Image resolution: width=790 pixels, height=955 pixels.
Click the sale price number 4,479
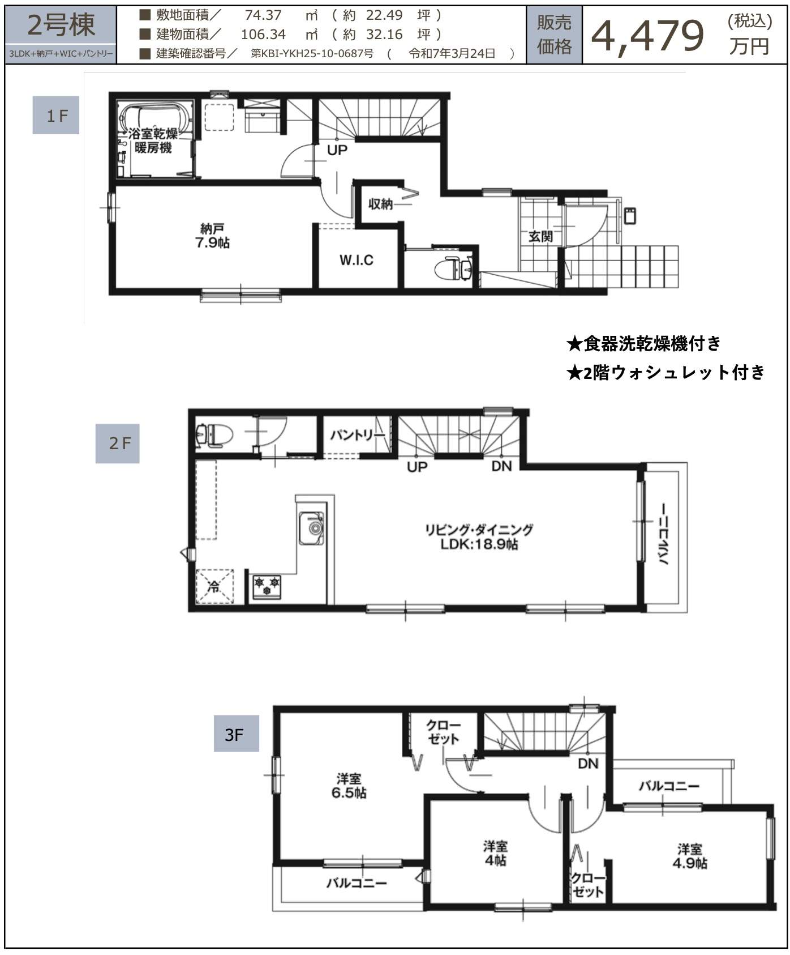[x=647, y=36]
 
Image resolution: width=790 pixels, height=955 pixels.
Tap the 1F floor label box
[x=55, y=116]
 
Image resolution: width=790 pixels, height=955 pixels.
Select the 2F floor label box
[x=117, y=444]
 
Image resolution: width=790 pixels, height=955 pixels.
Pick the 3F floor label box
[x=236, y=734]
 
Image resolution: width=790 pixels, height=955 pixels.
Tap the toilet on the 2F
[x=214, y=435]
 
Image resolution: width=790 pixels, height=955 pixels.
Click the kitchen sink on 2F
[x=312, y=528]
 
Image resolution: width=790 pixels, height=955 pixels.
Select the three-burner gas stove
[x=266, y=587]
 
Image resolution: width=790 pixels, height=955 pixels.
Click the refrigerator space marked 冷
[x=214, y=586]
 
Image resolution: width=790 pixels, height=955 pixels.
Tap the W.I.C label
[x=356, y=260]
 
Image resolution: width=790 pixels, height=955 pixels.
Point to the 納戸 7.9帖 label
[x=212, y=236]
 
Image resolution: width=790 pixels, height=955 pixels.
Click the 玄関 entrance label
[x=540, y=236]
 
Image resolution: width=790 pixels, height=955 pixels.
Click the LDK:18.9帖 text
[x=479, y=544]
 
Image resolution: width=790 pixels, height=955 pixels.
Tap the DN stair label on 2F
[x=501, y=466]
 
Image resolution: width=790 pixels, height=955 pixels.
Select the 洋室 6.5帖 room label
[x=349, y=786]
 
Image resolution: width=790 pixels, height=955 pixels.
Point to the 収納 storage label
[x=380, y=204]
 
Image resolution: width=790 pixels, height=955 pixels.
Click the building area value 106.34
[x=263, y=35]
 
